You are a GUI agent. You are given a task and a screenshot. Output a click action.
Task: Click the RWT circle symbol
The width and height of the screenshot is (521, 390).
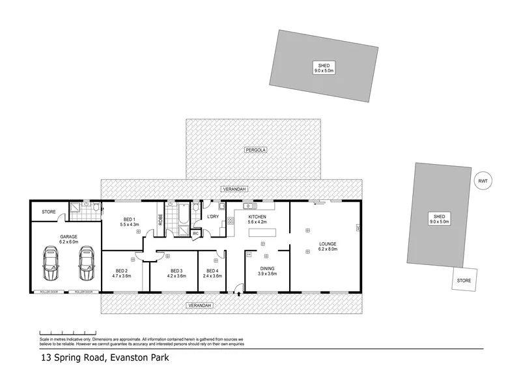[483, 181]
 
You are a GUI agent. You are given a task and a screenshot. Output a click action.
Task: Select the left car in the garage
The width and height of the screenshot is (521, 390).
[49, 264]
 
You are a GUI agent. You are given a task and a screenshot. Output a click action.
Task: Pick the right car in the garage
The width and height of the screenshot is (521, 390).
[85, 264]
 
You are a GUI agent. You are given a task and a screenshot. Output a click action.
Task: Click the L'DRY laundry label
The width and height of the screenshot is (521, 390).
[212, 216]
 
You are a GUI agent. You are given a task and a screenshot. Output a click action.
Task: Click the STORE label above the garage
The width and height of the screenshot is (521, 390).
[49, 212]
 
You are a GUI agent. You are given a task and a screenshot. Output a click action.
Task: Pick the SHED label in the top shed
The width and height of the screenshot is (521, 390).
[323, 65]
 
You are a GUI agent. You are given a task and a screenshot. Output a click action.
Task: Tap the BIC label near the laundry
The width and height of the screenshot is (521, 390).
[195, 232]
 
